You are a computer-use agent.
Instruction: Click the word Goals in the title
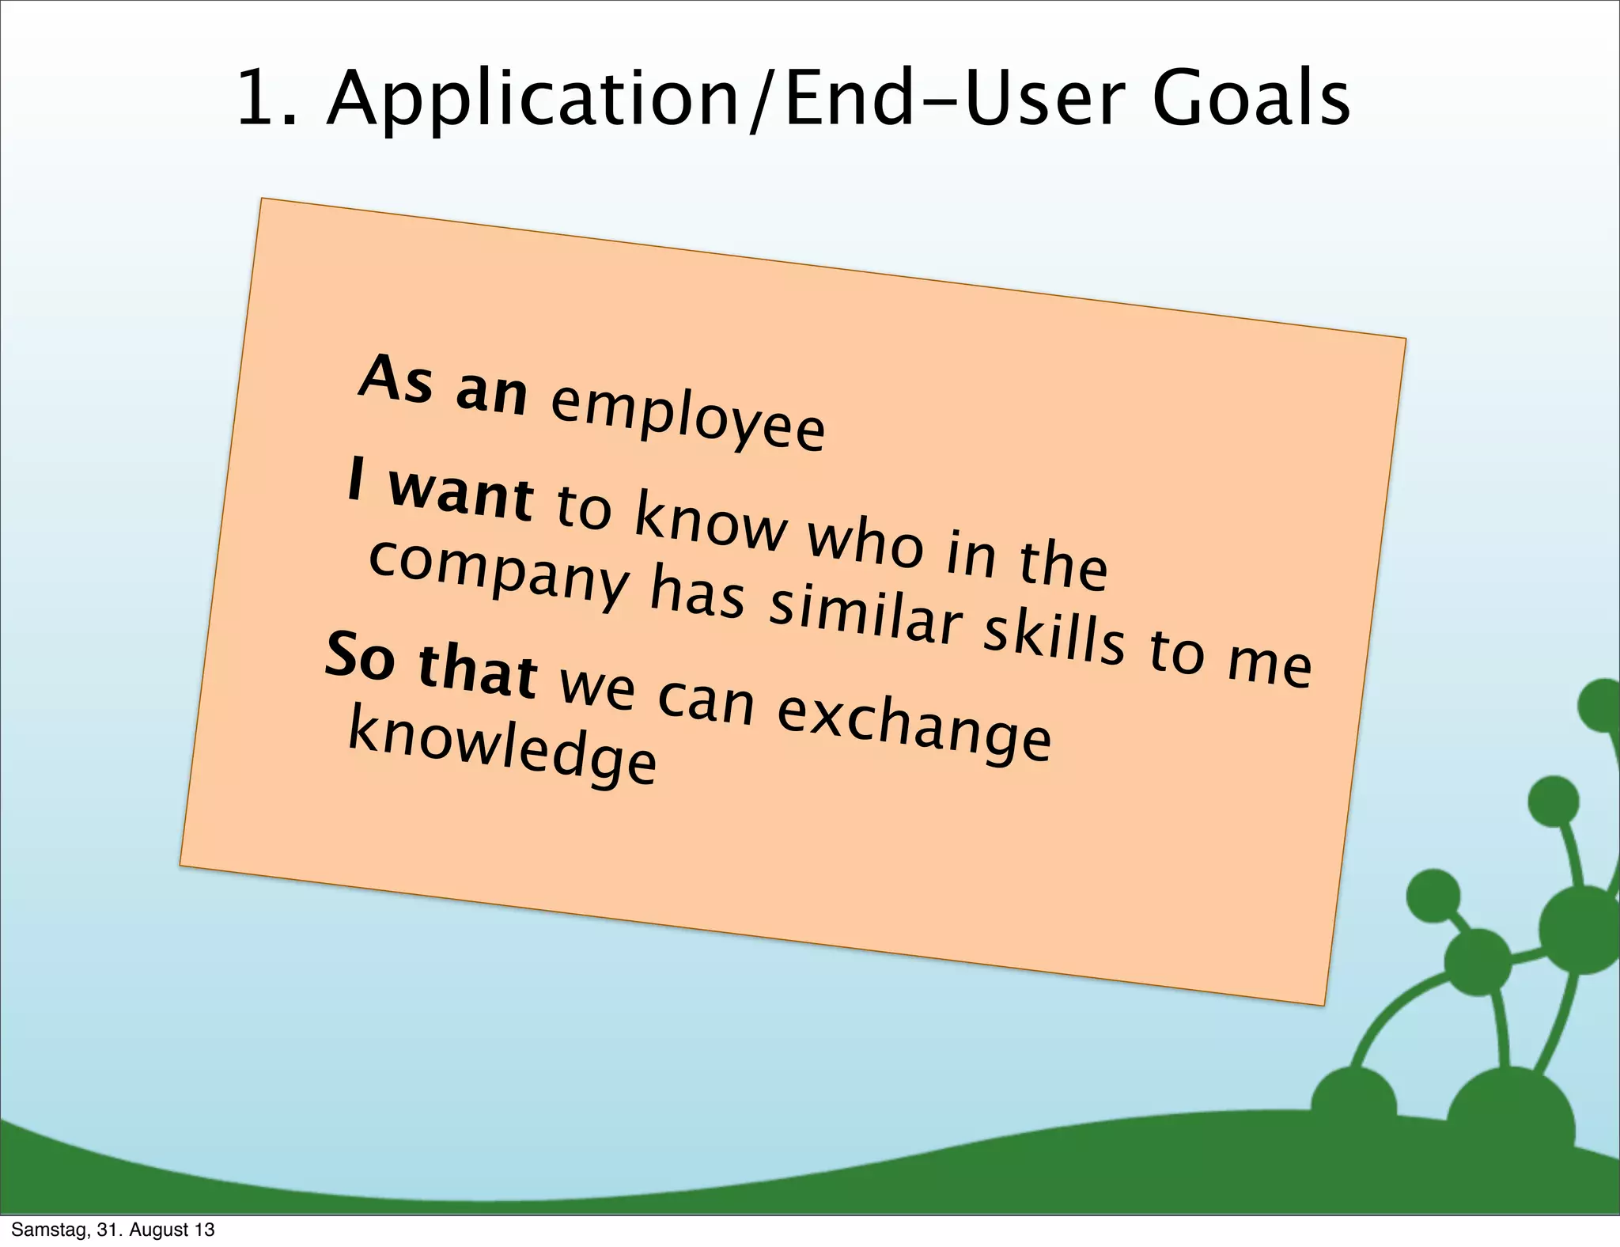tap(1251, 99)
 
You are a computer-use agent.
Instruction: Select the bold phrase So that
tap(431, 665)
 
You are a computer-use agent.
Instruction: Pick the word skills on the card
tap(1053, 638)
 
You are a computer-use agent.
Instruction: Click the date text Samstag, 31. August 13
tap(113, 1230)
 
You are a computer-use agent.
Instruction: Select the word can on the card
tap(706, 699)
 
